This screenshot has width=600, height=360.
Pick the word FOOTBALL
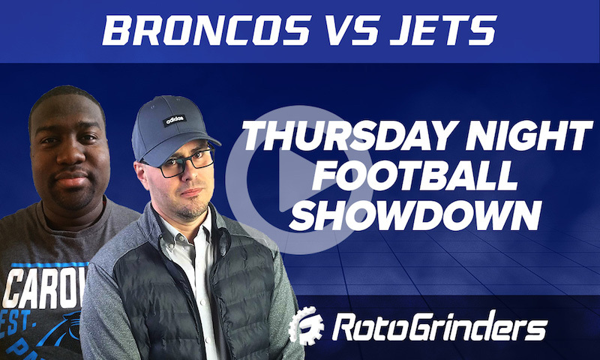415,177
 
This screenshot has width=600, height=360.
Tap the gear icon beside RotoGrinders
304,327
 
